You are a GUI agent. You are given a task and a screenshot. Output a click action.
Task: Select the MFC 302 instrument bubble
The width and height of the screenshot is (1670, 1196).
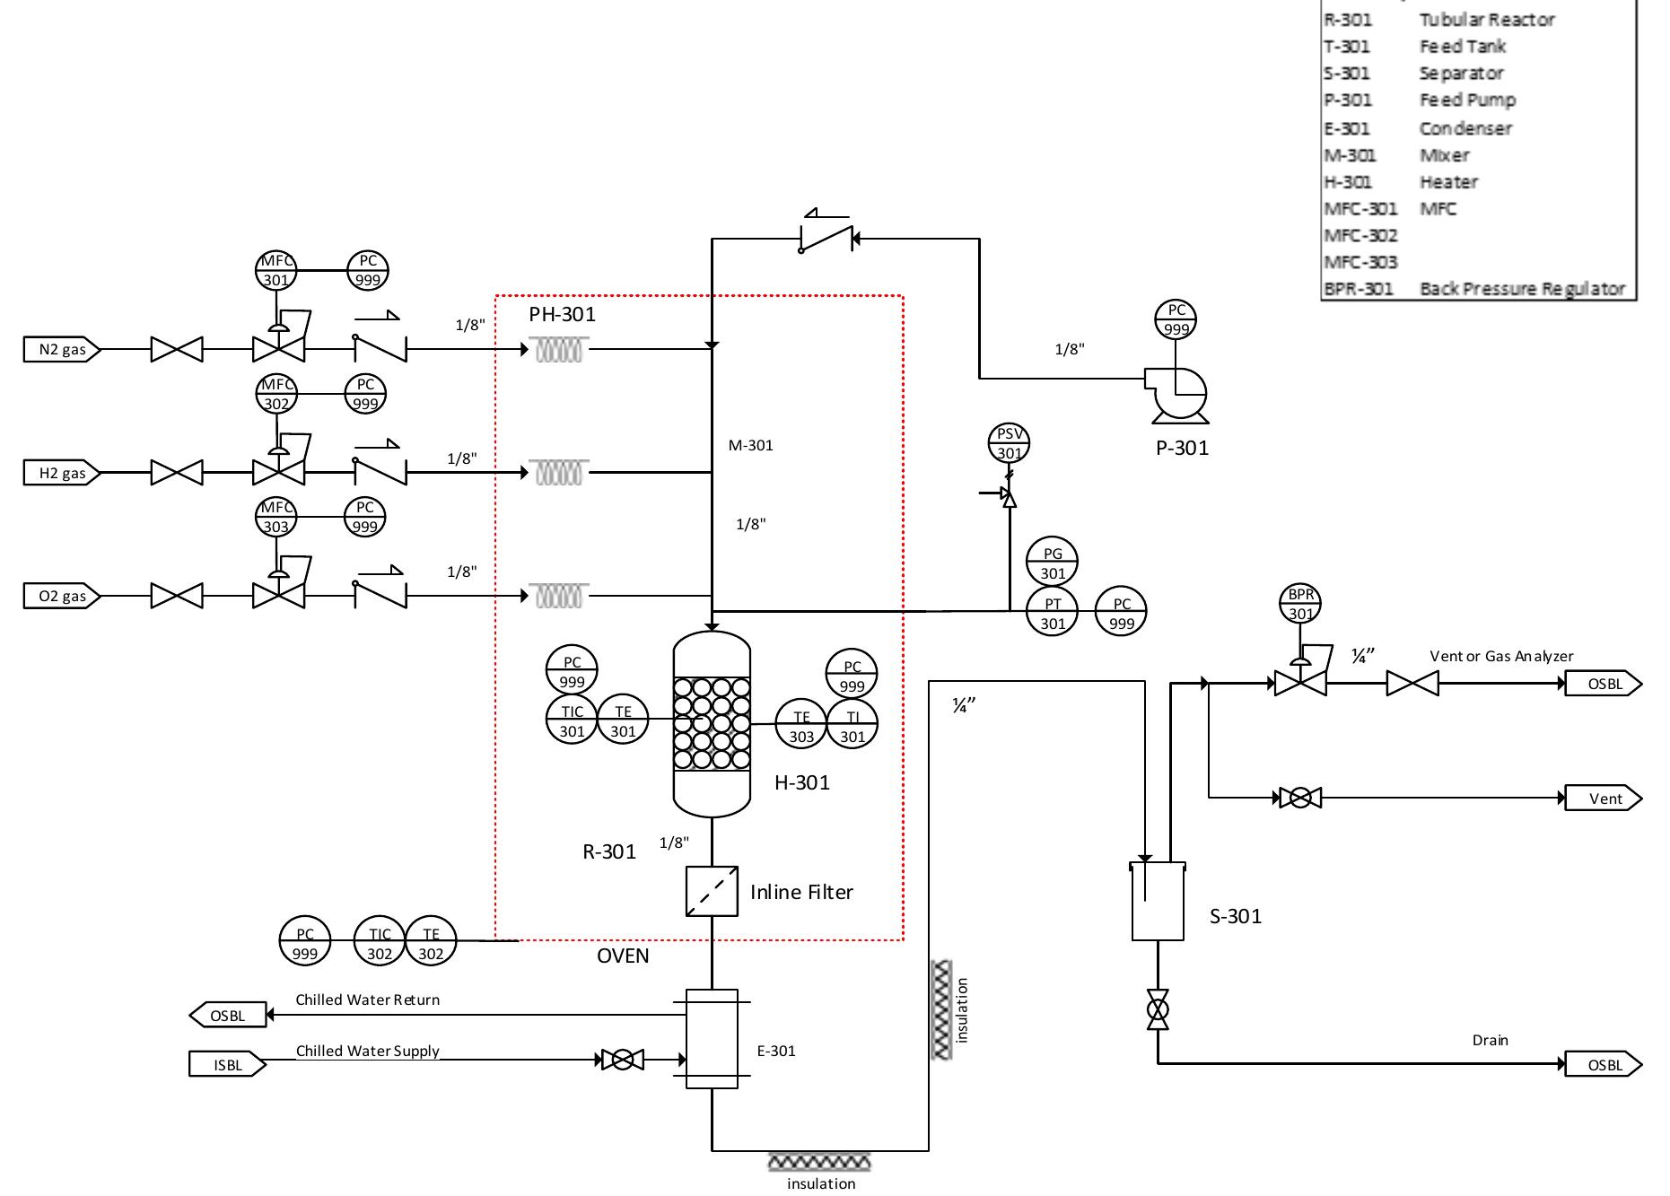[x=276, y=394]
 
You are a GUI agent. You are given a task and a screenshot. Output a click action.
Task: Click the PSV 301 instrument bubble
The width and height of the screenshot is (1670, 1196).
[x=1010, y=443]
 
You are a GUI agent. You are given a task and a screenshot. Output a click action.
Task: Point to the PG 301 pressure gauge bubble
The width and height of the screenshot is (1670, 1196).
[x=1053, y=563]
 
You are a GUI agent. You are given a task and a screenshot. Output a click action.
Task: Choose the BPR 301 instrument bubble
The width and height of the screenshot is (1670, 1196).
[x=1301, y=604]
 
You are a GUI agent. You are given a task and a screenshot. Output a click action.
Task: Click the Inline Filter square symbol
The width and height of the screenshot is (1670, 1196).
[x=712, y=891]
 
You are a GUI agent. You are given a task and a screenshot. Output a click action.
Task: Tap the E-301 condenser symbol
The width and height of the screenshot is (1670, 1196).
[x=712, y=1039]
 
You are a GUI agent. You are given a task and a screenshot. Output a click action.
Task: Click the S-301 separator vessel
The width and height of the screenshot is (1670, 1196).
[x=1158, y=902]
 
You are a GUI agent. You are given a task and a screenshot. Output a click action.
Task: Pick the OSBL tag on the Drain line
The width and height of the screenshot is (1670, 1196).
[x=1604, y=1065]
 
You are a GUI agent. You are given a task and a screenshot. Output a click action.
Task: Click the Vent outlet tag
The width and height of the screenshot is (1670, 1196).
[x=1604, y=799]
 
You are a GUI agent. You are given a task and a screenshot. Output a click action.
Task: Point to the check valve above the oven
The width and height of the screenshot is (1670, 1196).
[x=826, y=239]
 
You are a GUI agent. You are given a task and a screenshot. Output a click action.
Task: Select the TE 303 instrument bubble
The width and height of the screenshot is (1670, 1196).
[x=801, y=725]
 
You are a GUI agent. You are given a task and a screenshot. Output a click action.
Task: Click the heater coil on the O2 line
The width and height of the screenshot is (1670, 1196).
[x=559, y=595]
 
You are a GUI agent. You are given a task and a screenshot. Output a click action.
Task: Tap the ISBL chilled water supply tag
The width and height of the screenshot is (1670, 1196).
[x=228, y=1065]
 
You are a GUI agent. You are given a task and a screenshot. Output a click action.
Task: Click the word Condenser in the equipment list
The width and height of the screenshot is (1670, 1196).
[x=1465, y=128]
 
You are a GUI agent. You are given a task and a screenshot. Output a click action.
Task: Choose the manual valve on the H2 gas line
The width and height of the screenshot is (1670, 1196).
[x=177, y=472]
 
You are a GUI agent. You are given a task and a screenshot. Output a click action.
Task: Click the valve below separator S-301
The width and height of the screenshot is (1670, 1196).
[x=1158, y=1009]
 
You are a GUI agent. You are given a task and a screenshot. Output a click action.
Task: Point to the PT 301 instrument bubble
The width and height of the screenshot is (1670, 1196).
[x=1053, y=613]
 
